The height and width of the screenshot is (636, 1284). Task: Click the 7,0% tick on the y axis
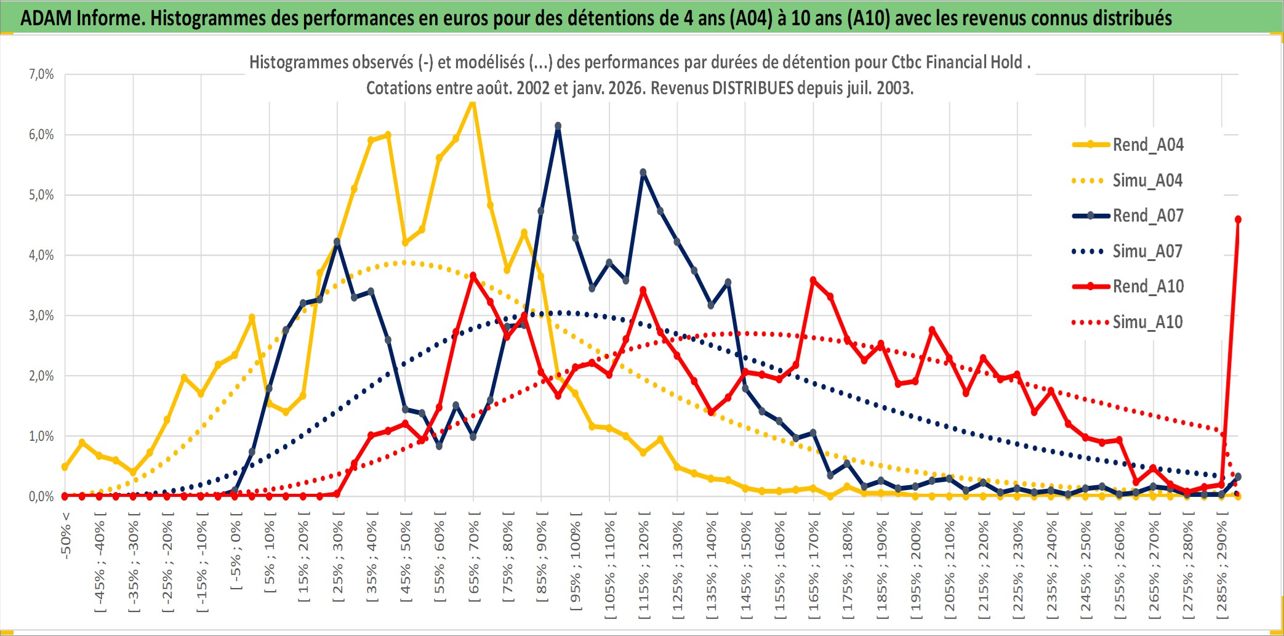click(41, 74)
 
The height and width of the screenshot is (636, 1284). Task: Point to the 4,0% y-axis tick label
click(41, 255)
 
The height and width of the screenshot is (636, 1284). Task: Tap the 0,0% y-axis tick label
click(41, 496)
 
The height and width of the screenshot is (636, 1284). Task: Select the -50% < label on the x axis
click(66, 536)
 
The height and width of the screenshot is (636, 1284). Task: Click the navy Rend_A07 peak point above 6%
click(558, 126)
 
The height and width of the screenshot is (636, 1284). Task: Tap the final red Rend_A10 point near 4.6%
click(1238, 219)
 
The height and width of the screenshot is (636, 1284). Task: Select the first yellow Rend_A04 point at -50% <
click(65, 467)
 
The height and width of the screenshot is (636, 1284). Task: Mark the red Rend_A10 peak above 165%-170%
click(813, 281)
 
